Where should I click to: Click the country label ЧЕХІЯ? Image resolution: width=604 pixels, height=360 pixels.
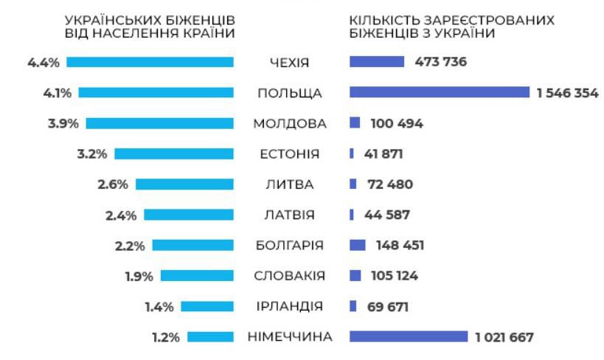point(289,62)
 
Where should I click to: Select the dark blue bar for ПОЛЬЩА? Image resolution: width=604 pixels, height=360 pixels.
point(439,92)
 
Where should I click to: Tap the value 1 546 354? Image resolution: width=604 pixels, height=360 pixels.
point(567,93)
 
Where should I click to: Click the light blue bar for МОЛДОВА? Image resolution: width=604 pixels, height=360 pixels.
point(160,123)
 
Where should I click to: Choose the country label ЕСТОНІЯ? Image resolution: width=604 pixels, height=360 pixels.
point(289,154)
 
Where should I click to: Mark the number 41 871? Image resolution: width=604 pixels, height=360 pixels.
point(383,154)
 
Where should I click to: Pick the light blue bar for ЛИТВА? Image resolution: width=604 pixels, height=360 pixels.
point(184,184)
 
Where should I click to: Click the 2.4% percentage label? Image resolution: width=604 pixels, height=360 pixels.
point(121,215)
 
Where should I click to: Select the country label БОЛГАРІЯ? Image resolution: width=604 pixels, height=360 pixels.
point(289,245)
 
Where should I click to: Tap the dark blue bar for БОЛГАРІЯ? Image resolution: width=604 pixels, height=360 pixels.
point(358,245)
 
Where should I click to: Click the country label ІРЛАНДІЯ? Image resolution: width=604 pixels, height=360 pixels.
point(289,306)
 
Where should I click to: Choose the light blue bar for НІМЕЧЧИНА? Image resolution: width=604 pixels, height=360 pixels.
point(210,337)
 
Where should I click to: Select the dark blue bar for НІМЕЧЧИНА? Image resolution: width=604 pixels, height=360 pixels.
point(408,337)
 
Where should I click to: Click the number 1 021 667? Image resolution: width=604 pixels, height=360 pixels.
point(504,337)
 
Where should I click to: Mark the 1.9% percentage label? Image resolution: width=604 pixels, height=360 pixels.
point(138,276)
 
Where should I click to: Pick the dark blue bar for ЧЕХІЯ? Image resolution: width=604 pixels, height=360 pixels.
point(376,62)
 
